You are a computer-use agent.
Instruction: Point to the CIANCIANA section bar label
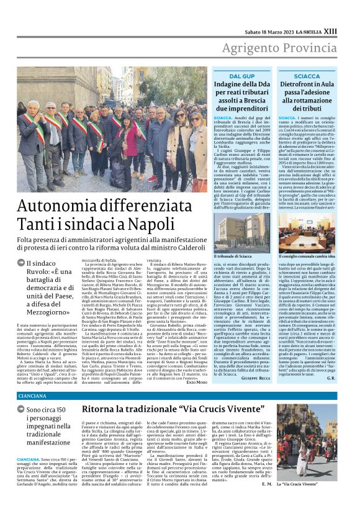32,396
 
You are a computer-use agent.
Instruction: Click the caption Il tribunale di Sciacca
234,256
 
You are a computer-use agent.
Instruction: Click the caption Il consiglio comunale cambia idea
305,256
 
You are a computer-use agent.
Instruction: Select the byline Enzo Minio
198,382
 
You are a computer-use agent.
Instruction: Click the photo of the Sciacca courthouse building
243,233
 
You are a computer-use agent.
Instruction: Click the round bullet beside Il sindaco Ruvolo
21,263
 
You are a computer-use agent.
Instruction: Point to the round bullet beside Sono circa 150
21,410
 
